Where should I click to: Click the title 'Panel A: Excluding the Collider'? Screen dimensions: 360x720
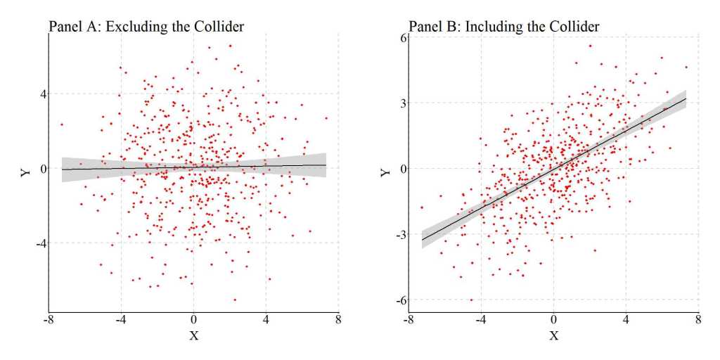coord(146,27)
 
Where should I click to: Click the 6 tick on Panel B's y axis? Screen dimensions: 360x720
coord(402,37)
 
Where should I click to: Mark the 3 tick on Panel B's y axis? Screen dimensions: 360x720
coord(402,103)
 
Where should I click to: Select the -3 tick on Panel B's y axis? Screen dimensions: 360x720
coord(401,235)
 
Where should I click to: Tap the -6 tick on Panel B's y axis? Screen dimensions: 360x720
coord(401,300)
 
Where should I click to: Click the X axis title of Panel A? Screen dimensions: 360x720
coord(194,335)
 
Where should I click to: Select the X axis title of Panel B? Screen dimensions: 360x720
coord(553,335)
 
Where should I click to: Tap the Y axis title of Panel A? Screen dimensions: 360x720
coord(26,171)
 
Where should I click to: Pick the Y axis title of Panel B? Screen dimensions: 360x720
coord(385,171)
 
